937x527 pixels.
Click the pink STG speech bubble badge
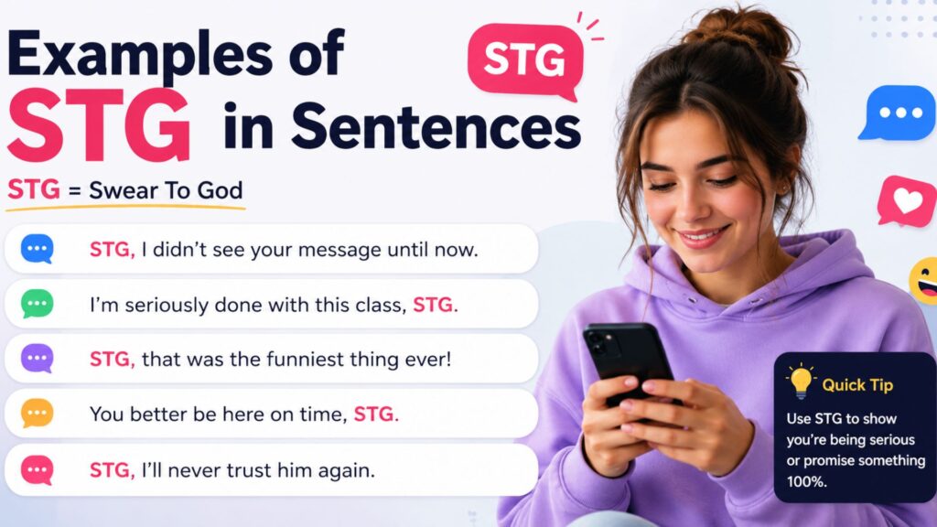click(525, 59)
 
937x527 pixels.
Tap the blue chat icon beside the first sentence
click(37, 249)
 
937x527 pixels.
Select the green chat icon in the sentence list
click(37, 304)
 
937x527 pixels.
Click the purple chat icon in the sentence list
click(37, 359)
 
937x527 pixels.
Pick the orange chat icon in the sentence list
click(37, 414)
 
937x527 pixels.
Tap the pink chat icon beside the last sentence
click(37, 469)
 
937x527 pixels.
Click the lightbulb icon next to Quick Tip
click(801, 382)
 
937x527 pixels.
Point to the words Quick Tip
click(857, 385)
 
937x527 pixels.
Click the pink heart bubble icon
click(907, 202)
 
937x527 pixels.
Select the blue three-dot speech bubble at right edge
click(899, 113)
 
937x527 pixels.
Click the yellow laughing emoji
click(924, 280)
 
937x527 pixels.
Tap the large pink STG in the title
click(99, 124)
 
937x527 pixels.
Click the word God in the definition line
click(220, 190)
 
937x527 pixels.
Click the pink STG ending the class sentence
click(436, 305)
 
